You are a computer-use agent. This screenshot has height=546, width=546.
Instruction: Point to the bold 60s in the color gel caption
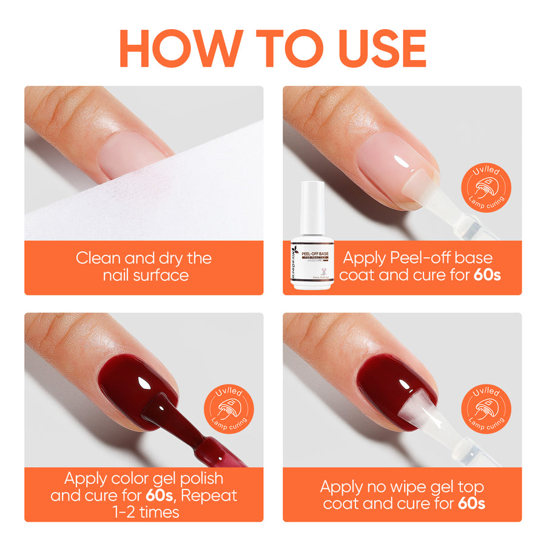click(x=160, y=495)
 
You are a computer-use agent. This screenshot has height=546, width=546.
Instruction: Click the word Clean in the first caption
click(x=97, y=258)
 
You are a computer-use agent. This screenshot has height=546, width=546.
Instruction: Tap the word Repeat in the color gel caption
click(x=209, y=495)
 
